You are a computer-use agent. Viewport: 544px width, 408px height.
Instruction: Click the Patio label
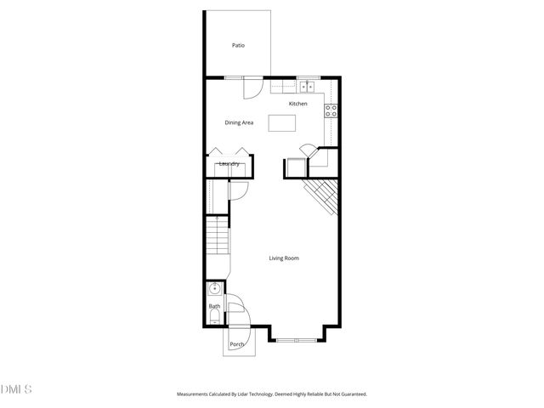click(x=238, y=45)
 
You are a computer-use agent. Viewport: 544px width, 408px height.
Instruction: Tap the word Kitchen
click(x=297, y=104)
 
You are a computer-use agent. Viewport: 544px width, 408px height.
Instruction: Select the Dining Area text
click(x=239, y=122)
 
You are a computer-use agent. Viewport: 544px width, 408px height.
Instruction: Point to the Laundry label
click(x=228, y=164)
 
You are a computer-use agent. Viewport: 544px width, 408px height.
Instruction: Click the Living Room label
click(x=284, y=258)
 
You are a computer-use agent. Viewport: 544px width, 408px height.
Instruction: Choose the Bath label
click(x=214, y=306)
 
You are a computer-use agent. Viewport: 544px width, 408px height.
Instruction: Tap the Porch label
click(x=237, y=344)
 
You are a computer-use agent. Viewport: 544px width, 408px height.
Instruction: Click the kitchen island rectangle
click(x=284, y=123)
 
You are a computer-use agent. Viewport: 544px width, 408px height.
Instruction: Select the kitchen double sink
click(x=306, y=86)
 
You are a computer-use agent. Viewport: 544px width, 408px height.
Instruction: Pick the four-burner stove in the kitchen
click(x=331, y=110)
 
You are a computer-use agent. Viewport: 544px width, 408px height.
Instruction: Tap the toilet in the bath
click(x=213, y=318)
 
